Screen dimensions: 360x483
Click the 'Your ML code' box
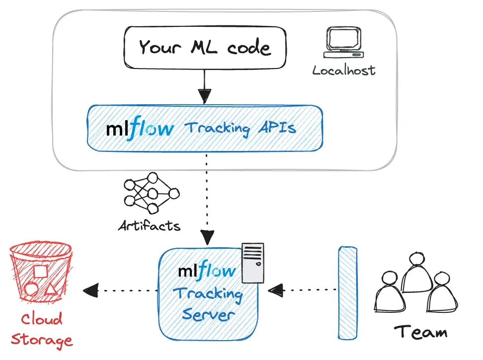point(205,48)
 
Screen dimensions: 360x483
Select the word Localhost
point(344,70)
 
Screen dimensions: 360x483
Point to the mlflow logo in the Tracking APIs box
point(140,129)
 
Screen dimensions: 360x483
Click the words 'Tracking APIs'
point(240,128)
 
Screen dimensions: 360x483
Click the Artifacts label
point(149,225)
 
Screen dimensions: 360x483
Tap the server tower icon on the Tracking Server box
point(252,263)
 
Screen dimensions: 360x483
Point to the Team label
point(420,331)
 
